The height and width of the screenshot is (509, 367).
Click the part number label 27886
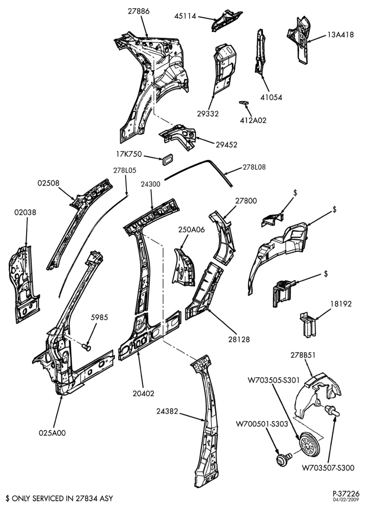pyautogui.click(x=139, y=11)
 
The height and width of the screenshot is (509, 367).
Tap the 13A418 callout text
pyautogui.click(x=340, y=35)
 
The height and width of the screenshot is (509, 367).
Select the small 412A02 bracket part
pyautogui.click(x=243, y=103)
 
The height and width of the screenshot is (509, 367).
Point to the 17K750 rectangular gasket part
pyautogui.click(x=167, y=159)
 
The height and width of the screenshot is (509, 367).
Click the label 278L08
pyautogui.click(x=254, y=167)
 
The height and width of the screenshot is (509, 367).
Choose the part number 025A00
pyautogui.click(x=52, y=433)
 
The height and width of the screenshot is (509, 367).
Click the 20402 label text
pyautogui.click(x=143, y=393)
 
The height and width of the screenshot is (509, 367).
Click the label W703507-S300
pyautogui.click(x=328, y=468)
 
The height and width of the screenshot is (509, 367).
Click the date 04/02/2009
pyautogui.click(x=350, y=499)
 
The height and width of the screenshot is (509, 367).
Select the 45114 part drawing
pyautogui.click(x=226, y=21)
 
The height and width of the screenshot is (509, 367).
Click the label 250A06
pyautogui.click(x=192, y=230)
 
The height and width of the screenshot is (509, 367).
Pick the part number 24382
pyautogui.click(x=167, y=411)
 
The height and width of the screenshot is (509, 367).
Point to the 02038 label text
pyautogui.click(x=25, y=212)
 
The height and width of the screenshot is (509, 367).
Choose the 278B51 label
pyautogui.click(x=303, y=355)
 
